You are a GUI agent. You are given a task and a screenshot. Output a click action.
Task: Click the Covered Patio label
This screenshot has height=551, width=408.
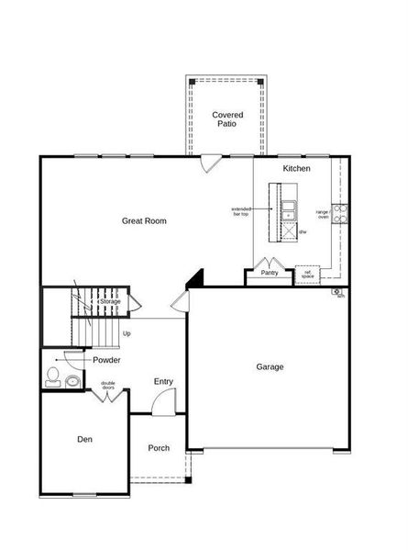226,118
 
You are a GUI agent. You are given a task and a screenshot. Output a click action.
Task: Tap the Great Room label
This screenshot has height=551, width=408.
144,220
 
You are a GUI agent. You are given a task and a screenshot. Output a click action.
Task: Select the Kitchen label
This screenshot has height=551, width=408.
296,169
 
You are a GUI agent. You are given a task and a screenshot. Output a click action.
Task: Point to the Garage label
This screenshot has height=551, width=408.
270,366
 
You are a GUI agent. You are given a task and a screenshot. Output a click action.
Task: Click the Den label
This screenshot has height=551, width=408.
84,439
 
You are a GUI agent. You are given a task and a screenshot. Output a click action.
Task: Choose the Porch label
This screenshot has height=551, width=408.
160,448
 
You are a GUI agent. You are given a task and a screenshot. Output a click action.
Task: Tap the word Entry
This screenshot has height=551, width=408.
163,381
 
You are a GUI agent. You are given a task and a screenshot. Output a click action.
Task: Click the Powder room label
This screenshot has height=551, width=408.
106,360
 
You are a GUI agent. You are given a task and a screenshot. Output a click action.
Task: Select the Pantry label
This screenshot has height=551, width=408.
269,273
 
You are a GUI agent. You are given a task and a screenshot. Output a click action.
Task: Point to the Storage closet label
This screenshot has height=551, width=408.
110,301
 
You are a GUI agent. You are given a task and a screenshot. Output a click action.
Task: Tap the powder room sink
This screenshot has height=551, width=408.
72,380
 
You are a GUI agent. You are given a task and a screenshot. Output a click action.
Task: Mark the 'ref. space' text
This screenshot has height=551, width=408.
308,274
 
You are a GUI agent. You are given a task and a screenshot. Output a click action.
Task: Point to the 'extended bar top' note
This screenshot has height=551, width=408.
242,211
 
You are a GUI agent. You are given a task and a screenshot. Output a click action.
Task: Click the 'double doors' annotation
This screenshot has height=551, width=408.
108,386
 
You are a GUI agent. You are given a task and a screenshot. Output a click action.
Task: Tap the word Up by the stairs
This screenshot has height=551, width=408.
126,333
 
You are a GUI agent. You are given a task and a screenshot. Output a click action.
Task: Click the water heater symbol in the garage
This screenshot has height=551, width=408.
337,293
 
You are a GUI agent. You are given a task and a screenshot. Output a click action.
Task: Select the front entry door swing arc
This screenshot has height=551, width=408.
165,399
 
